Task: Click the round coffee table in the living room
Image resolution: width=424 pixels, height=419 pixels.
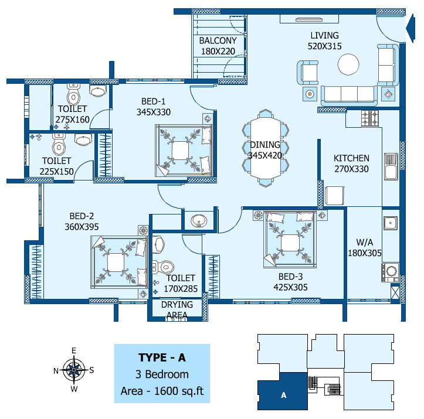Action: click(x=348, y=64)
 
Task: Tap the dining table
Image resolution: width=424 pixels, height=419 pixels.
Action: click(x=266, y=148)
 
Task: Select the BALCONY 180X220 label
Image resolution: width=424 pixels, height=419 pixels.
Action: click(x=218, y=46)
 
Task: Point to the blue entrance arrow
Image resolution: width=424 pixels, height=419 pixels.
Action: click(x=411, y=28)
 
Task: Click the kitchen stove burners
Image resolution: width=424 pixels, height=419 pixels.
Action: click(x=369, y=118)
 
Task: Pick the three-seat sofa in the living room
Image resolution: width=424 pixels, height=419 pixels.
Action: click(x=349, y=95)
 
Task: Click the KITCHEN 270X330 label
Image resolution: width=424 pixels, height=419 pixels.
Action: click(x=351, y=163)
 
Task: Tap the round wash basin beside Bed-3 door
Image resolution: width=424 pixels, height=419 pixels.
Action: click(x=199, y=221)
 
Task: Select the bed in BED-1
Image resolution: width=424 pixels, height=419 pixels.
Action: click(x=184, y=151)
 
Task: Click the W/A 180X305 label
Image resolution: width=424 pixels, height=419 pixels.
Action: click(x=365, y=247)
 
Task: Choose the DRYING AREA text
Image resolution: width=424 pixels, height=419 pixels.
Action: click(x=177, y=310)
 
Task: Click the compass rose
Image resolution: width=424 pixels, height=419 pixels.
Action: click(x=74, y=370)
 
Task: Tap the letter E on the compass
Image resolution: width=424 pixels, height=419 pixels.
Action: click(x=73, y=351)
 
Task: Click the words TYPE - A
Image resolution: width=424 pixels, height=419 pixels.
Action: click(x=162, y=357)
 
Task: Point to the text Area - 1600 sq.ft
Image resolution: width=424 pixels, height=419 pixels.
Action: click(x=162, y=391)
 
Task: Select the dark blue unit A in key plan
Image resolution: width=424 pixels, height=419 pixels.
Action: click(x=283, y=391)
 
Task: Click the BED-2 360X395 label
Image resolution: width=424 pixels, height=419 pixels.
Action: click(x=82, y=222)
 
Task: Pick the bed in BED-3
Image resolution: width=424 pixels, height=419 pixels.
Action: click(x=290, y=239)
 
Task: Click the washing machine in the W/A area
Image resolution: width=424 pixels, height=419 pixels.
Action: click(x=390, y=272)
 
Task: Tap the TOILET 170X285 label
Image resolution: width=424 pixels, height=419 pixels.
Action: click(x=181, y=284)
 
